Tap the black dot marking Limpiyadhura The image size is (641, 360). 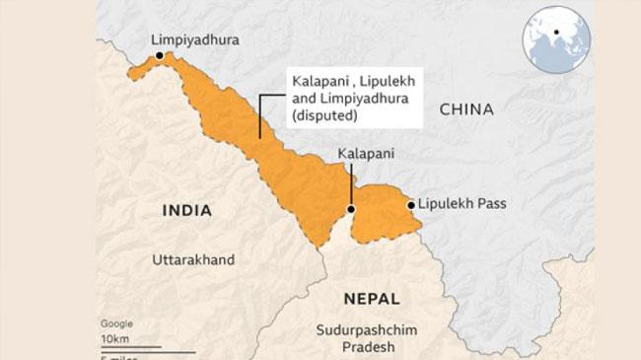click(160, 57)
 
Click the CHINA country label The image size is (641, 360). click(467, 109)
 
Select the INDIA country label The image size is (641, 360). click(191, 209)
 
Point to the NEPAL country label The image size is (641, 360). click(372, 298)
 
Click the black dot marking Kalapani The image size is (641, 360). click(352, 210)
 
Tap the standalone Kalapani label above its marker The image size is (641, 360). click(366, 155)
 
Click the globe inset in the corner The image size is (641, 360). click(556, 39)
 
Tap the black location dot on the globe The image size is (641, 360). click(557, 33)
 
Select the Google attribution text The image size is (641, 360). click(116, 324)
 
